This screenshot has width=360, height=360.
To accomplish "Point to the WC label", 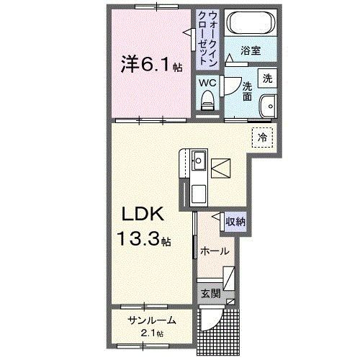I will coord(207,82).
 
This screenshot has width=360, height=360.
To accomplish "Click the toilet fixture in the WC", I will coord(208,103).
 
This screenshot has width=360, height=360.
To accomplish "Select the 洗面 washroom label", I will coord(246,91).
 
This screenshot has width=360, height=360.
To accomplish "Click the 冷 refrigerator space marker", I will coord(263,135).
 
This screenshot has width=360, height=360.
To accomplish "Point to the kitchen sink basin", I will coord(199,160).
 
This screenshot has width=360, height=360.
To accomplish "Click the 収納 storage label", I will coord(234,222).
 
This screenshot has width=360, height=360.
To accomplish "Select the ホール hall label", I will coord(215,252).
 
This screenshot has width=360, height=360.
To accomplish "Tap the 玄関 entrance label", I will coord(209,294).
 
